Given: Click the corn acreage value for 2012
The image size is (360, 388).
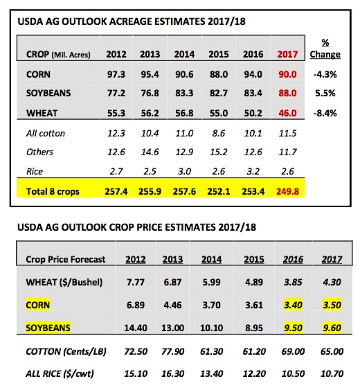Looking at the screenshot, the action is click(116, 74).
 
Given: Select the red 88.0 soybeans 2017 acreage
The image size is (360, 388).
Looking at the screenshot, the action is click(287, 94).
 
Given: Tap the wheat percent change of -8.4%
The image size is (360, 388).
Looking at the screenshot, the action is click(325, 114).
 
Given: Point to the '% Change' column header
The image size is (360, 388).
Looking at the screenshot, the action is click(325, 48).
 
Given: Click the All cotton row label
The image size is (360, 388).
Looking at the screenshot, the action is click(46, 133).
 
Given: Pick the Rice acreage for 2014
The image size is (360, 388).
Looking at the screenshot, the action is click(184, 171).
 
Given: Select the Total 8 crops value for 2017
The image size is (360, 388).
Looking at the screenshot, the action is click(287, 191).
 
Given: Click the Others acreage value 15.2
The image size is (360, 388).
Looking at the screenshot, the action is click(219, 152).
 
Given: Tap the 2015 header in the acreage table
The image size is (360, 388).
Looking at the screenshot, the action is click(219, 54).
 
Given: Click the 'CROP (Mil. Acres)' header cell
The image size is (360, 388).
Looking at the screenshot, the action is click(58, 54).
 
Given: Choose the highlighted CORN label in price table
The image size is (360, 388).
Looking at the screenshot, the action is click(38, 305).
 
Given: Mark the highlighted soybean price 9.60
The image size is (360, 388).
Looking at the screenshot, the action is click(332, 328).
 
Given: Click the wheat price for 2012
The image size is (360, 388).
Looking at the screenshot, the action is click(136, 282).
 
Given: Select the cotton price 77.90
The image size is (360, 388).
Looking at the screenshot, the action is click(172, 351).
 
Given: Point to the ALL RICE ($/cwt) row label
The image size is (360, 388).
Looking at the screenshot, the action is click(60, 373).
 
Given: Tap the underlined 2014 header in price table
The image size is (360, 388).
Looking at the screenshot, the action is click(211, 259).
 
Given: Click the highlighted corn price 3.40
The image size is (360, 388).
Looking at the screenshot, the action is click(293, 305).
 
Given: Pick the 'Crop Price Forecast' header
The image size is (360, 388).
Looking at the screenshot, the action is click(66, 259).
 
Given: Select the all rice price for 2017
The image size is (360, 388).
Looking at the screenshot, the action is click(332, 373).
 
